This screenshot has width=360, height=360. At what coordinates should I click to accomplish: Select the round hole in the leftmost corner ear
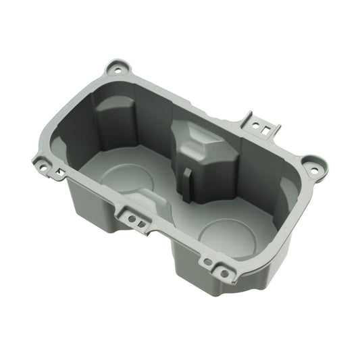(43, 164)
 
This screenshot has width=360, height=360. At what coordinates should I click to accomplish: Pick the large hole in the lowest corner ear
(222, 273)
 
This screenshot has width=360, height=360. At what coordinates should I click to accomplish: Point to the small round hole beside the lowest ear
(207, 262)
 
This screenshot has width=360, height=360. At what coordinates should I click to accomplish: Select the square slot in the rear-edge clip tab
(269, 128)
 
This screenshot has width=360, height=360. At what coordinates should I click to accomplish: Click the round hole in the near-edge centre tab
(130, 217)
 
